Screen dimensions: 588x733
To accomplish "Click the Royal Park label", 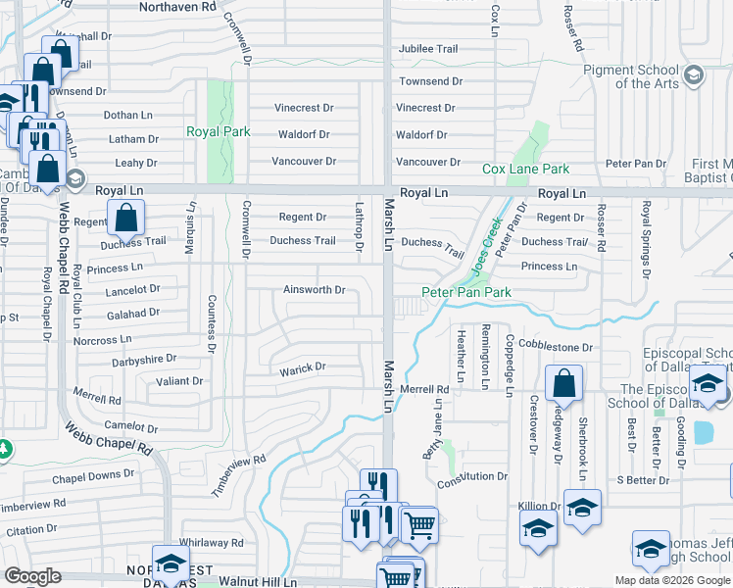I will pos(219,131).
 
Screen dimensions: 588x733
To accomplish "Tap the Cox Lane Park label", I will pos(525,170).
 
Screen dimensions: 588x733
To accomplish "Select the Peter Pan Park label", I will pos(466,292).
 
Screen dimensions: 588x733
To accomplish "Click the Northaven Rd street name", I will pos(177,7).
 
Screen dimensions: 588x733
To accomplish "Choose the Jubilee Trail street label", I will pos(427,49).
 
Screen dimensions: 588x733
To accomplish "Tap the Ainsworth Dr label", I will pos(314,290).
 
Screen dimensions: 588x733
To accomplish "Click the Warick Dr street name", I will pos(302,367).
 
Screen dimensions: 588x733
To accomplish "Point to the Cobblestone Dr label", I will pos(556,347).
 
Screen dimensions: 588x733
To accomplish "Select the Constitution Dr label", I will pos(472,476).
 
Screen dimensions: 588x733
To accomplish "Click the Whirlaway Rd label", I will pos(211,542).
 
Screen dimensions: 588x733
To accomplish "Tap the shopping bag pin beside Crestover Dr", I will pos(563,385).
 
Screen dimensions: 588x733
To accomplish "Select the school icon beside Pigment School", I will pos(694,74).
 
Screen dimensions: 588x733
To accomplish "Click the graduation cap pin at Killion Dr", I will pos(582,509).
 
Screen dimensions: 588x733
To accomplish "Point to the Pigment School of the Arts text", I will pos(644,76).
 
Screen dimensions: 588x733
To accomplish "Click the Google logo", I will pos(32,576).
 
